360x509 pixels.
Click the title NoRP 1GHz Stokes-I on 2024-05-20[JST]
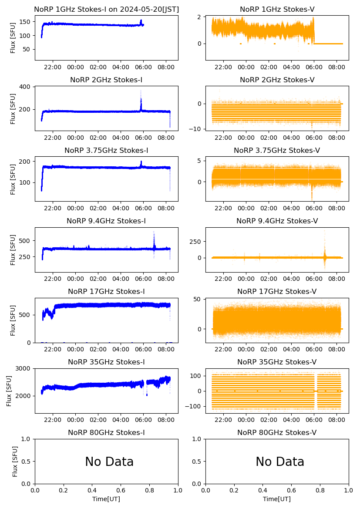106,9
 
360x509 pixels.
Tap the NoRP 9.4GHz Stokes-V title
277,221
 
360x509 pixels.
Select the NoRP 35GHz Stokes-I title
106,362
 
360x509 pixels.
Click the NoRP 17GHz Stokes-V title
277,292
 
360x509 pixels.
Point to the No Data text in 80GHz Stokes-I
109,462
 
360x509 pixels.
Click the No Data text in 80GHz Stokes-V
280,462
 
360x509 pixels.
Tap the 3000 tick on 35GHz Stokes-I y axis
23,368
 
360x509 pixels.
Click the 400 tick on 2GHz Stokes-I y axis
25,87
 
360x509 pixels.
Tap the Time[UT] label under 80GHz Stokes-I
106,499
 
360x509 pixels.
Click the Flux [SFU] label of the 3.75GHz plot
13,179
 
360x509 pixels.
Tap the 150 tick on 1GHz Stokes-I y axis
25,22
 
